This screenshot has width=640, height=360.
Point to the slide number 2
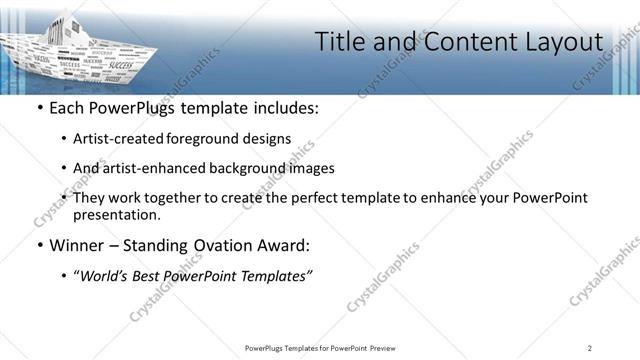590,347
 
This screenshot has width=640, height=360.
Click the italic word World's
104,277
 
